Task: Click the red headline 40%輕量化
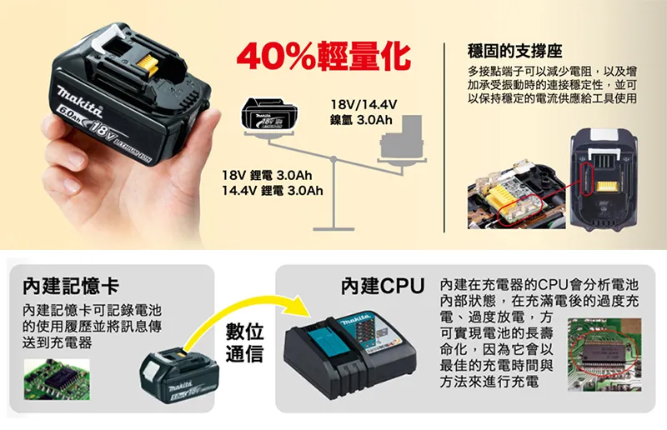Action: point(323,56)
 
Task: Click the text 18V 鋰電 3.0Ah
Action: point(267,176)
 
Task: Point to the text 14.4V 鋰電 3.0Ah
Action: point(267,192)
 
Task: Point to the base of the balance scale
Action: point(333,224)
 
